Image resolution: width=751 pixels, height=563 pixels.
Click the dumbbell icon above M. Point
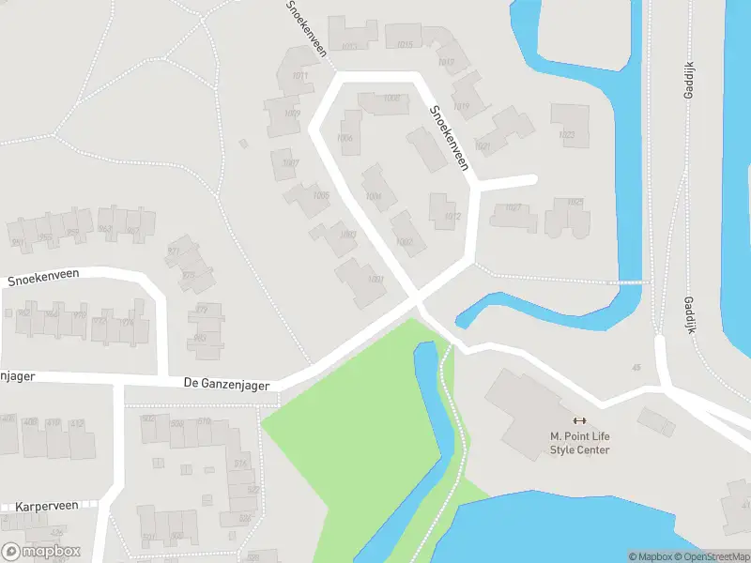(x=579, y=420)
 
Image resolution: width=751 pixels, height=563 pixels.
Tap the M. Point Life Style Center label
(x=579, y=443)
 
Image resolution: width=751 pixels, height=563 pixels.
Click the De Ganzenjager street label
(x=226, y=385)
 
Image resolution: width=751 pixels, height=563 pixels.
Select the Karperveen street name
(x=47, y=505)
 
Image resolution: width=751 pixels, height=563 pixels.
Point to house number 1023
(x=567, y=135)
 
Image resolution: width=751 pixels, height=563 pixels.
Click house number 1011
(x=300, y=76)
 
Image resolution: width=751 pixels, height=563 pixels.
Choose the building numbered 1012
(x=452, y=217)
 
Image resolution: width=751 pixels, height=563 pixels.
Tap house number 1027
(x=513, y=207)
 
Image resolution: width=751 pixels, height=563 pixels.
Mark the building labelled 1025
(x=575, y=202)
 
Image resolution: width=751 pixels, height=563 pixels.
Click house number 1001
(x=375, y=280)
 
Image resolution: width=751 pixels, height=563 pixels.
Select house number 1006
(x=345, y=138)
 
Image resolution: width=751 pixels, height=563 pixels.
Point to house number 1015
(x=405, y=45)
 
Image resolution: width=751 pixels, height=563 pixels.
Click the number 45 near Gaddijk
(x=636, y=368)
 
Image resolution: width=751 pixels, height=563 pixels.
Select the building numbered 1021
(x=483, y=146)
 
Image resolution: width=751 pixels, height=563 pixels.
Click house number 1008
(x=391, y=99)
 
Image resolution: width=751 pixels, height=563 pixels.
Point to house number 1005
(x=321, y=196)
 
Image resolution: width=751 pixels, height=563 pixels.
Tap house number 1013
(x=349, y=46)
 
